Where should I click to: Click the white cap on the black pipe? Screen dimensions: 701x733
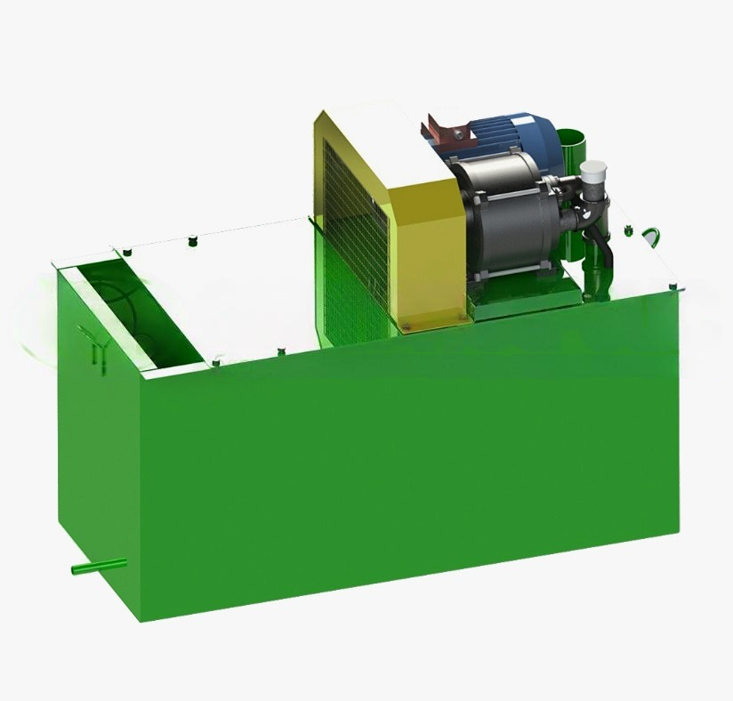(591, 171)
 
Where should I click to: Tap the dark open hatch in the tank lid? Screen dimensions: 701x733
(133, 311)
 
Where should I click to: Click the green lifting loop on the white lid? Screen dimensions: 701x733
(652, 236)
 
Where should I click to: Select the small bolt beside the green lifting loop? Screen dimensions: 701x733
(628, 233)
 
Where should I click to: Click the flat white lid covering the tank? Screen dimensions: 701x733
(240, 285)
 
